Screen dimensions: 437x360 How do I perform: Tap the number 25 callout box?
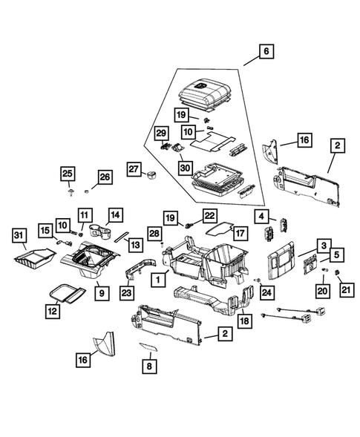pyautogui.click(x=68, y=174)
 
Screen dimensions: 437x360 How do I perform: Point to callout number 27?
pyautogui.click(x=134, y=170)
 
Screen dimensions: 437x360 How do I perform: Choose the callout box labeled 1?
pyautogui.click(x=157, y=280)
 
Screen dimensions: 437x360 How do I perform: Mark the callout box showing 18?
pyautogui.click(x=243, y=321)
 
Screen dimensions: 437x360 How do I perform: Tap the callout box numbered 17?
pyautogui.click(x=240, y=231)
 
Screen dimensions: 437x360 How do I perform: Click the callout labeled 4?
pyautogui.click(x=261, y=217)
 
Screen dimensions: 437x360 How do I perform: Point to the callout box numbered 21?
pyautogui.click(x=343, y=291)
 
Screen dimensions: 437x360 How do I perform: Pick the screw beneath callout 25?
pyautogui.click(x=68, y=192)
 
